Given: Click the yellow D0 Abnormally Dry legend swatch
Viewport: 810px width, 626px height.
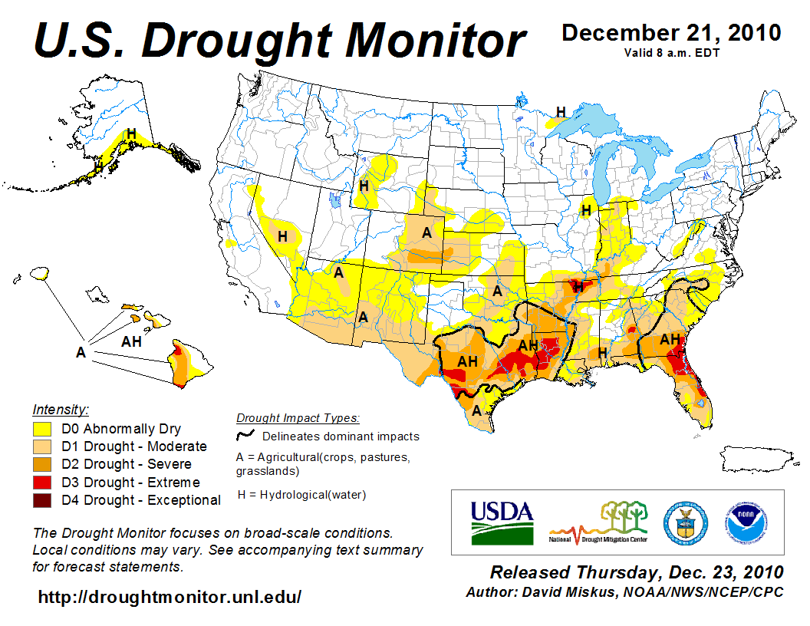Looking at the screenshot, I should (x=42, y=428).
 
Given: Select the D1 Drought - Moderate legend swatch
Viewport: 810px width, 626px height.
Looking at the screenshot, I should (x=42, y=446).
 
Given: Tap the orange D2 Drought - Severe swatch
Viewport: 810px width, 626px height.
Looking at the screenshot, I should (x=42, y=464).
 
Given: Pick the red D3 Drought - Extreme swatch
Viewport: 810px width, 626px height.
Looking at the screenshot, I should (x=42, y=482).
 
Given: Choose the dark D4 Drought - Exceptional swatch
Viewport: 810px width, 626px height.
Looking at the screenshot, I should (x=42, y=500).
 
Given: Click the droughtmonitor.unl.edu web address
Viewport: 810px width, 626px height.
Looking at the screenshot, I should (x=170, y=596).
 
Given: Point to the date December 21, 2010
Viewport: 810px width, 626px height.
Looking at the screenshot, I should (x=671, y=33).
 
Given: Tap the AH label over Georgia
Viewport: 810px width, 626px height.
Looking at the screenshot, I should (x=670, y=339).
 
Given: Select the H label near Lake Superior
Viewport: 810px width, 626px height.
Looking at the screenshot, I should (x=561, y=112).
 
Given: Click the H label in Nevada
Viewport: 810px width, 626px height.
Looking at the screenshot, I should (x=282, y=236).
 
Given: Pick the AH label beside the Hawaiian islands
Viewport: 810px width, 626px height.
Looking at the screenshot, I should (x=131, y=341).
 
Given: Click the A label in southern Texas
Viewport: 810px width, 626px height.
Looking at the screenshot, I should (x=476, y=410).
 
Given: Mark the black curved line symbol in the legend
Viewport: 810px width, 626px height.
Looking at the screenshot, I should (x=245, y=435).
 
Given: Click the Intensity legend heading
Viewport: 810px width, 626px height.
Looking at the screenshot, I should (x=61, y=409).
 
